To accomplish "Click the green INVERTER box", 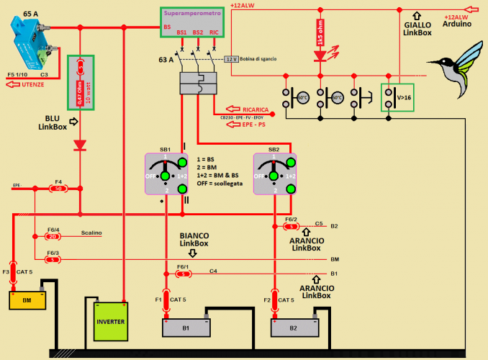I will coord(110,321).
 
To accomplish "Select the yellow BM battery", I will coord(27,300).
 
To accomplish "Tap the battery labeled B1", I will coord(185,327).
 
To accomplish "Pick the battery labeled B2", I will coord(294,327).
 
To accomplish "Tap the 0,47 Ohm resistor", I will coord(81,82).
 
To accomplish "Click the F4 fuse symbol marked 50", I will coord(58,189).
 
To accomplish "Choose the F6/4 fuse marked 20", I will coord(53,235).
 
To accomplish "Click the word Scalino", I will coord(91,233).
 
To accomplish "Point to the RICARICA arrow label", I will coord(248,109).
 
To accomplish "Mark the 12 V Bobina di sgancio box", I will coord(231,58).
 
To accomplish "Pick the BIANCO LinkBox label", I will coord(194,239).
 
